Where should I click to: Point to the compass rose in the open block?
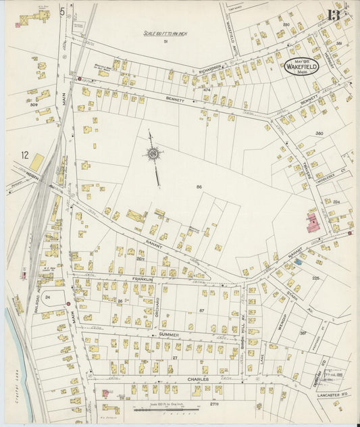[x=153, y=155]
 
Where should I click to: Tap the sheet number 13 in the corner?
[x=334, y=14]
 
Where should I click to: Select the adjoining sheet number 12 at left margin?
[x=25, y=155]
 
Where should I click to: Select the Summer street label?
[x=168, y=334]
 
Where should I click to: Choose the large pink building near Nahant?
[x=313, y=223]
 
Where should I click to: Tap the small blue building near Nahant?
[x=298, y=261]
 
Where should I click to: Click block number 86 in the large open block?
[x=199, y=186]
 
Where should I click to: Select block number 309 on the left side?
[x=33, y=105]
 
